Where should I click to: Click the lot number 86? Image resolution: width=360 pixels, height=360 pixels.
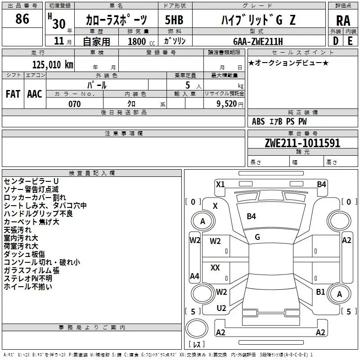[x=22, y=19]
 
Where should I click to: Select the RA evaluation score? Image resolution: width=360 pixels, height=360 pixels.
[x=343, y=21]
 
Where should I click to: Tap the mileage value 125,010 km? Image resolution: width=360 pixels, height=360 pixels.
[x=53, y=65]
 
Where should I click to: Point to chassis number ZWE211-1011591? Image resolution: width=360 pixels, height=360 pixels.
[x=302, y=143]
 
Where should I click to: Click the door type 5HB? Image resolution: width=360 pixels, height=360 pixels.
[x=174, y=20]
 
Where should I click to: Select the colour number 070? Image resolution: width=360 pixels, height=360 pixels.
[x=75, y=104]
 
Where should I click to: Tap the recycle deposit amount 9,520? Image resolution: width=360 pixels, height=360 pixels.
[x=227, y=104]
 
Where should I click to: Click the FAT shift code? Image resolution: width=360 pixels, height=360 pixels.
[x=13, y=94]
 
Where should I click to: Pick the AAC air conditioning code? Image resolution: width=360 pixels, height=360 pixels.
[x=35, y=94]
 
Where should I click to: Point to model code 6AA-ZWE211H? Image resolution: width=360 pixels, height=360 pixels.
[x=258, y=41]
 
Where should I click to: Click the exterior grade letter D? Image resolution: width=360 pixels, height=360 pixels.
[x=336, y=41]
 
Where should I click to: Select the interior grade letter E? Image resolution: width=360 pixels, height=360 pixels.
[x=350, y=41]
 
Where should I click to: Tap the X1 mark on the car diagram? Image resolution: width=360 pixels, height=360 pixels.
[x=220, y=184]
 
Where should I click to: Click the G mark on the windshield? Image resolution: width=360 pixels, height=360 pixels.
[x=257, y=237]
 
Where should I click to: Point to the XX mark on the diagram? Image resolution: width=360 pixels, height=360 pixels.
[x=215, y=267]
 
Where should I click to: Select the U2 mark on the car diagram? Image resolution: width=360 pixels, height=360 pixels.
[x=221, y=308]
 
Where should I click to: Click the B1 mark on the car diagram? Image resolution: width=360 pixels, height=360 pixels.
[x=320, y=292]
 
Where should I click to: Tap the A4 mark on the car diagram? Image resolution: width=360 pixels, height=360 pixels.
[x=194, y=276]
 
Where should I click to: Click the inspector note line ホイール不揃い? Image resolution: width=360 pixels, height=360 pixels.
[x=28, y=287]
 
